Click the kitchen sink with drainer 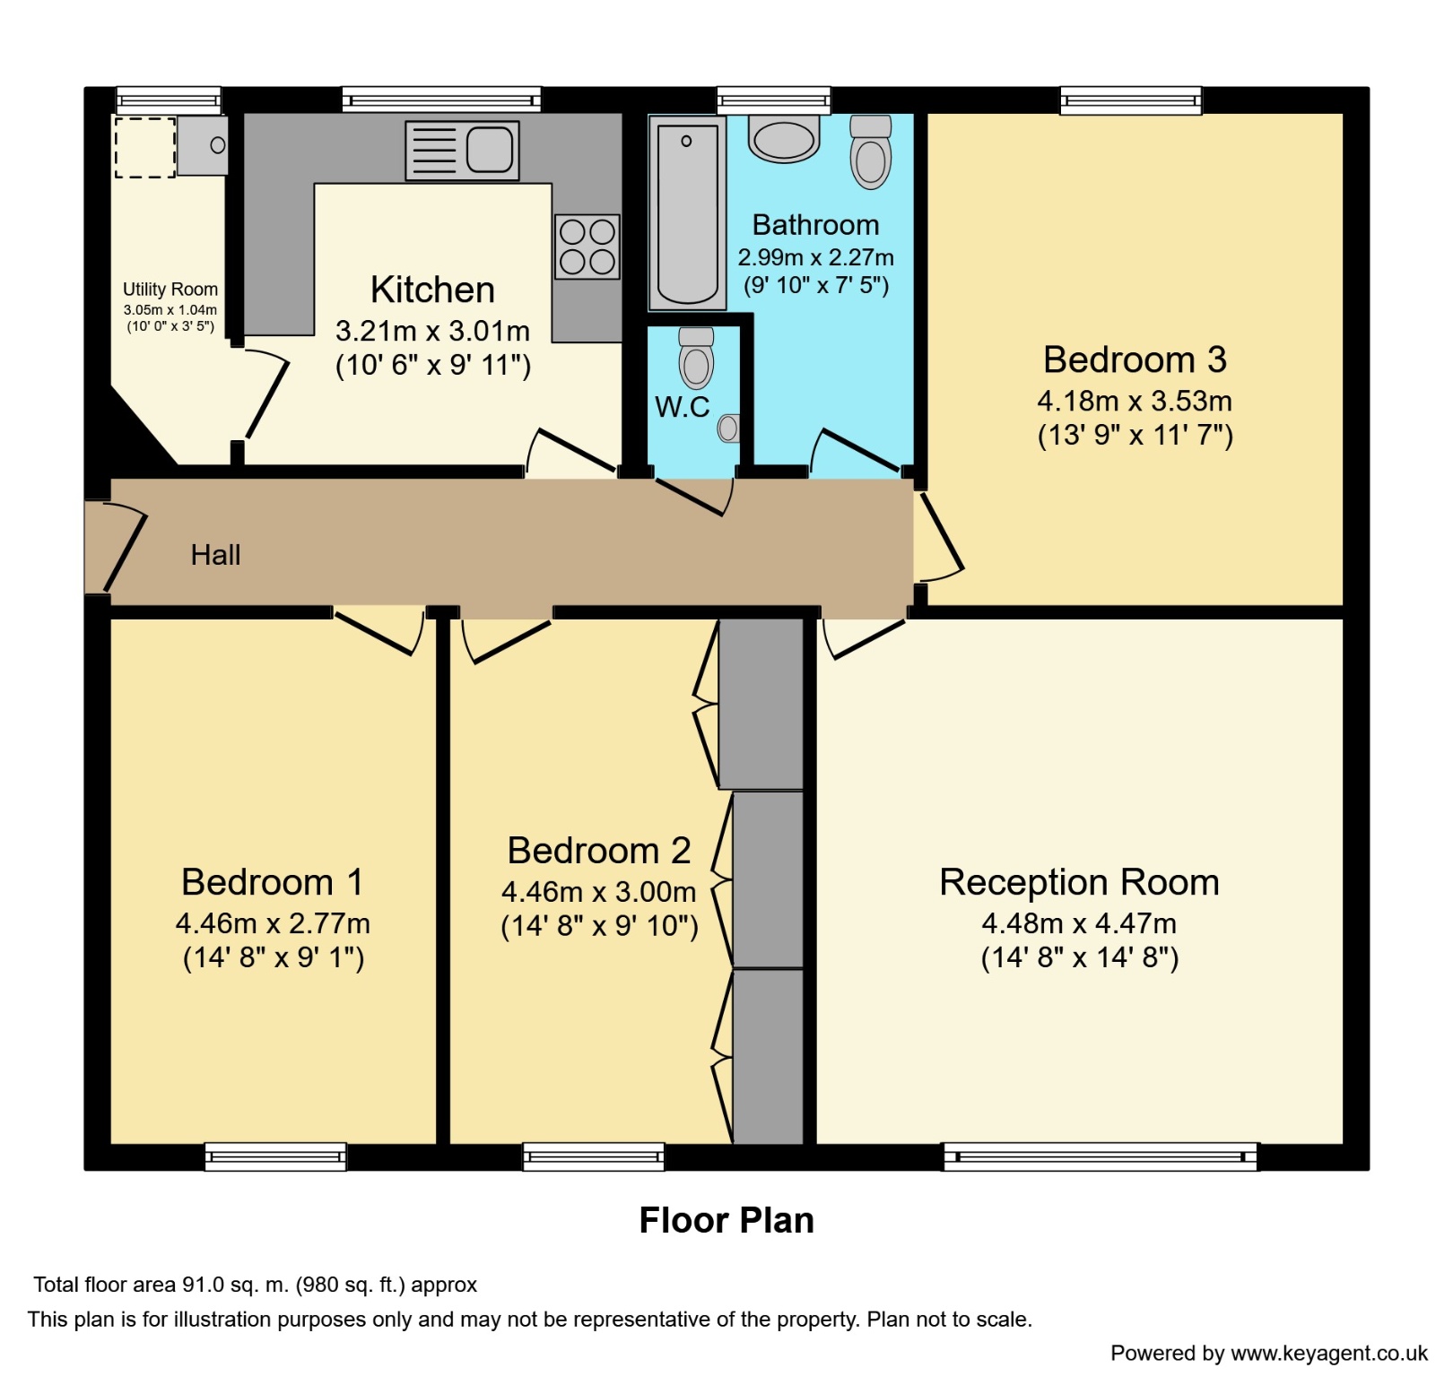[x=462, y=150]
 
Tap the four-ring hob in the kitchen [x=587, y=247]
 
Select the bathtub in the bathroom [x=688, y=212]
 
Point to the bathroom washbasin [x=784, y=138]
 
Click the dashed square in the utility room [x=144, y=147]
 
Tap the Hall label [x=215, y=555]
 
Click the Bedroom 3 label [x=1135, y=359]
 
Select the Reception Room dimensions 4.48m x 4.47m [x=1079, y=922]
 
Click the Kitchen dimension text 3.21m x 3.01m [x=432, y=331]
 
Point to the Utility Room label [x=170, y=289]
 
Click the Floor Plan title [x=726, y=1220]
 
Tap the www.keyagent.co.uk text [x=1328, y=1353]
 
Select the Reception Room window [x=1100, y=1156]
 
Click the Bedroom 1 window [x=275, y=1156]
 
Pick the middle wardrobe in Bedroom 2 [x=768, y=879]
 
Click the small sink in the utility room [x=203, y=145]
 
